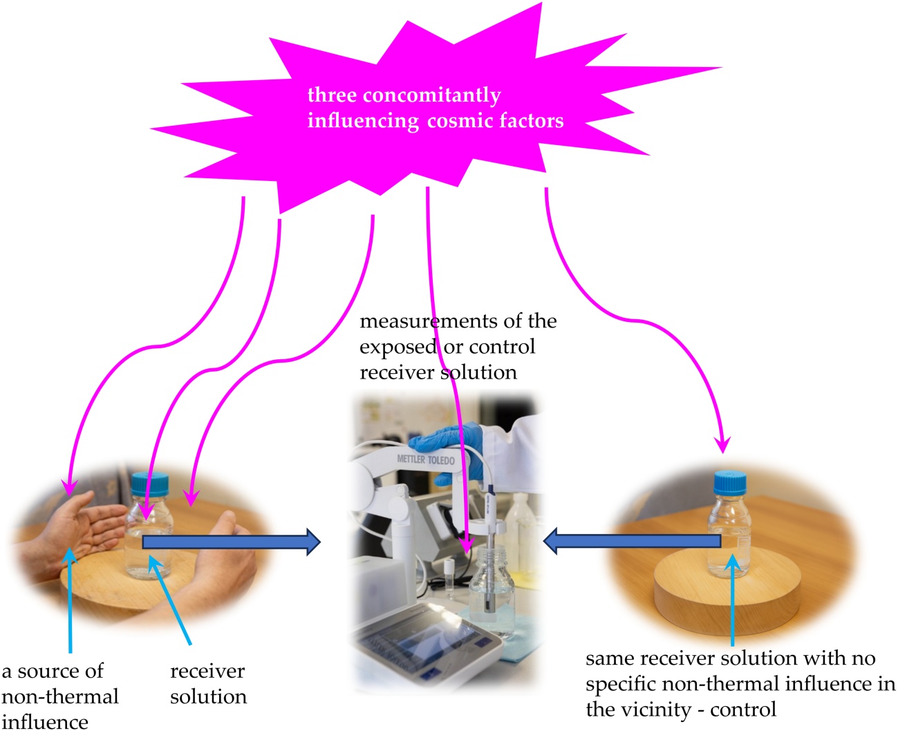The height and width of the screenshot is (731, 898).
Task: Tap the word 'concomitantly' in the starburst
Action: click(431, 95)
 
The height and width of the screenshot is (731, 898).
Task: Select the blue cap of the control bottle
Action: click(730, 483)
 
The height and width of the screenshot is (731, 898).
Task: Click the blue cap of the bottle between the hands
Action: click(150, 484)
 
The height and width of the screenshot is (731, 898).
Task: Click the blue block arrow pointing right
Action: click(232, 542)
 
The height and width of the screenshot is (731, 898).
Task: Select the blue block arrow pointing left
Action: click(632, 541)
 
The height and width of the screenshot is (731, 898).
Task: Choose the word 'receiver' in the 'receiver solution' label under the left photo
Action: click(207, 672)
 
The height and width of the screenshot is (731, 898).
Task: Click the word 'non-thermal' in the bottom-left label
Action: click(60, 696)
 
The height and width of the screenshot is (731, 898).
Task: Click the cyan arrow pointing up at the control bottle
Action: click(733, 600)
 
